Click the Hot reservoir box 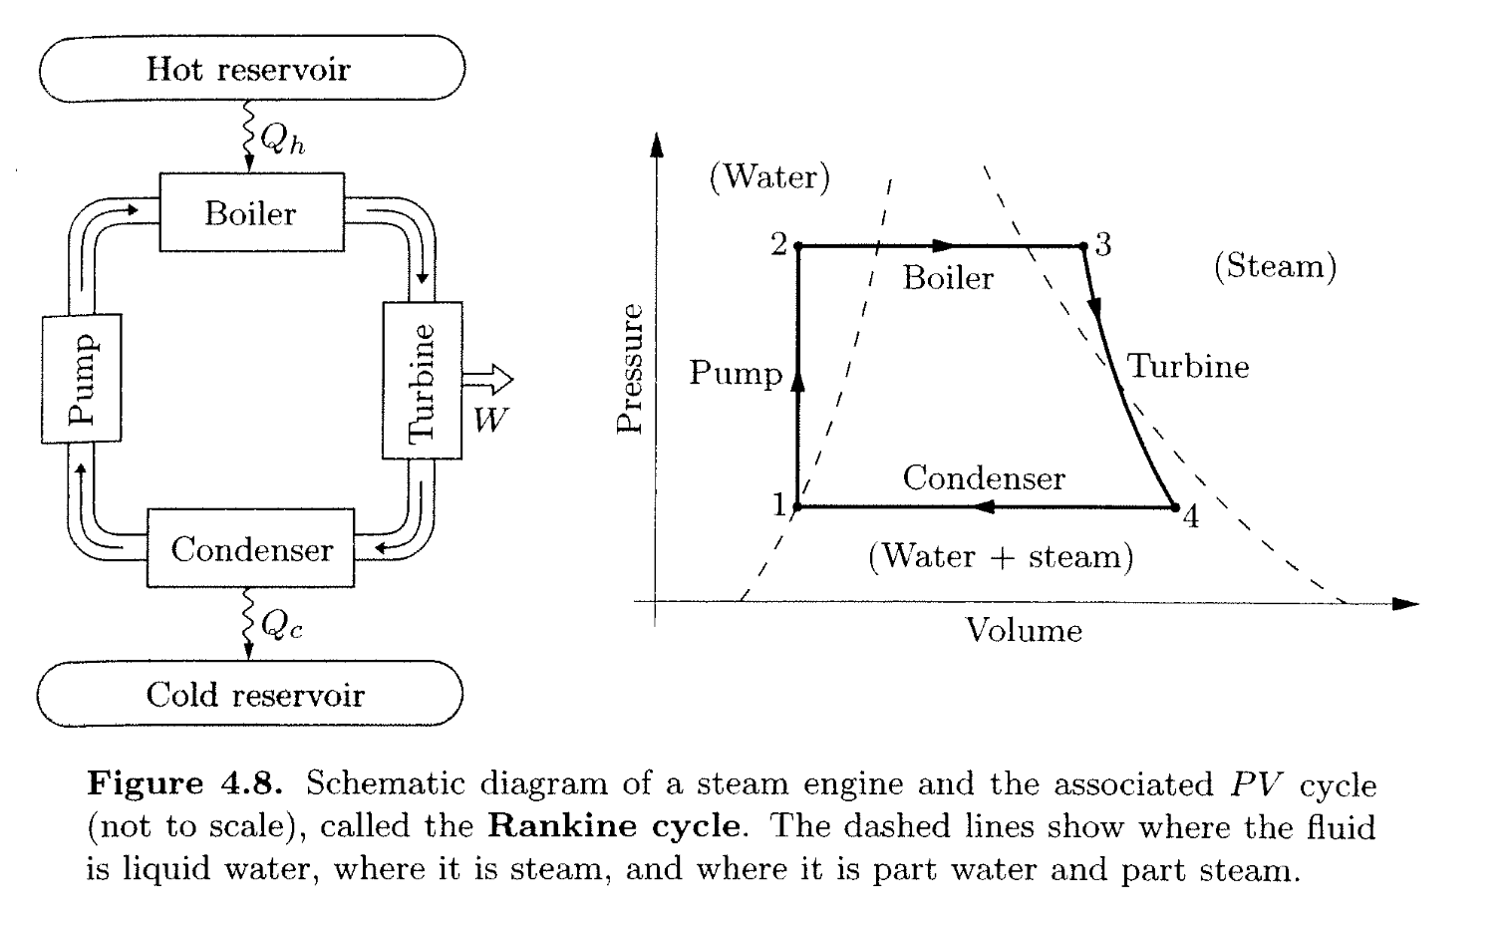(x=250, y=69)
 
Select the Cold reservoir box (x=250, y=694)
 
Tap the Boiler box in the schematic (x=251, y=212)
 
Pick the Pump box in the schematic (x=82, y=378)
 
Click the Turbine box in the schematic (x=422, y=380)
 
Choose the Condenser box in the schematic (x=251, y=548)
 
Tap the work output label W (x=489, y=420)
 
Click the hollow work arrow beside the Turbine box (x=488, y=380)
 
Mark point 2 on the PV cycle (x=796, y=245)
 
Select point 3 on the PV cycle (x=1082, y=244)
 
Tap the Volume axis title (x=1024, y=630)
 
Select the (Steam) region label (x=1275, y=266)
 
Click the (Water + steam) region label (x=1001, y=555)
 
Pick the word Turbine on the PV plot (x=1187, y=367)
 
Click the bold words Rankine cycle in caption (x=616, y=826)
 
